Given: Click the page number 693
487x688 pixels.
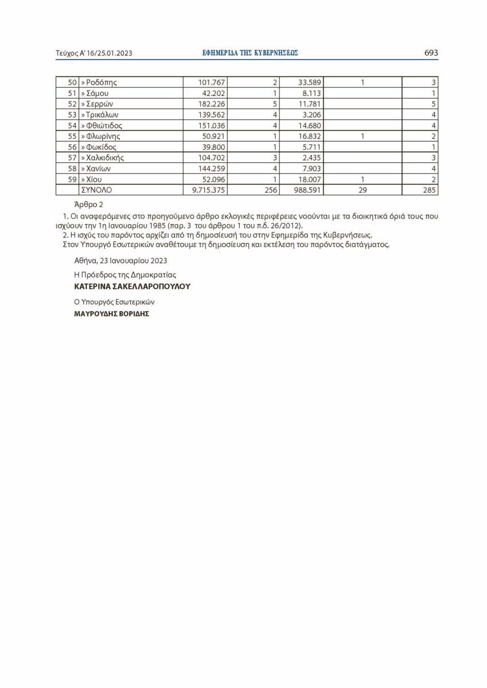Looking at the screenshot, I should coord(431,53).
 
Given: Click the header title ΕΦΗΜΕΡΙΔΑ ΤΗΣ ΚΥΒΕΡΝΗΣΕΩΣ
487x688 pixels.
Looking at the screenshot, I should coord(251,53).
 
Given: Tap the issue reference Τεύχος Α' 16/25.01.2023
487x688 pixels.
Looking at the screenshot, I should coord(94,53).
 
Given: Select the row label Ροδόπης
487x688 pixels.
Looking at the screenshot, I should coord(101,82).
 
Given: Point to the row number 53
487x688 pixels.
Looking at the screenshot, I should coord(72,115).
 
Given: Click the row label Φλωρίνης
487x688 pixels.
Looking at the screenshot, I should coord(102,136).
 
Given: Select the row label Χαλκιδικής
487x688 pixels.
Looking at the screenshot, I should coord(104,158).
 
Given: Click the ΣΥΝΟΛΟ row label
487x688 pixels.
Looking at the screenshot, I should coord(97,190).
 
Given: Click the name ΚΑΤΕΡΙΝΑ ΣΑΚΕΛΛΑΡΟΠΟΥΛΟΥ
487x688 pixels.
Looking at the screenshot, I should coord(132,286).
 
